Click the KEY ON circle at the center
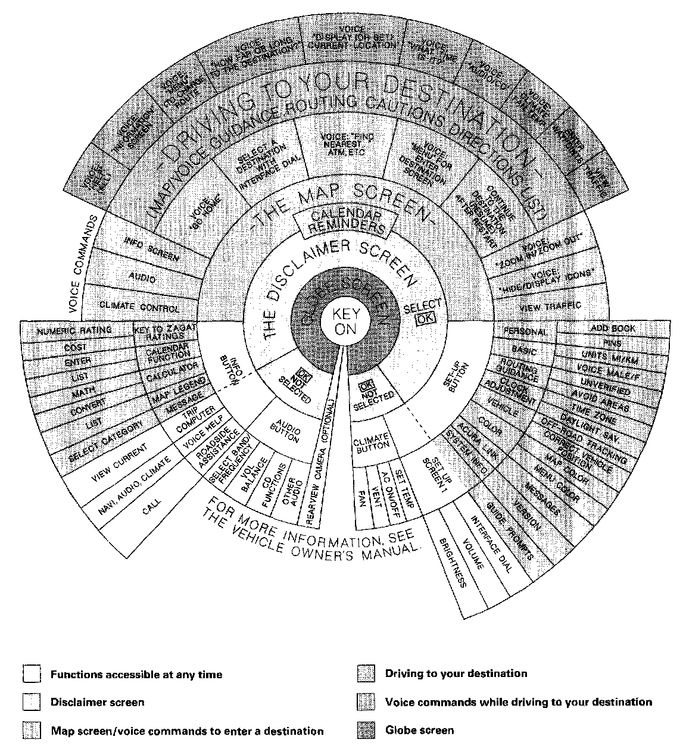(x=342, y=322)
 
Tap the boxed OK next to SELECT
(x=426, y=318)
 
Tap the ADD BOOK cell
(x=612, y=328)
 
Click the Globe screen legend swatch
(x=366, y=731)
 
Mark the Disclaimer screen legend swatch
(x=32, y=703)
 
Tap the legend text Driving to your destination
(x=456, y=673)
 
